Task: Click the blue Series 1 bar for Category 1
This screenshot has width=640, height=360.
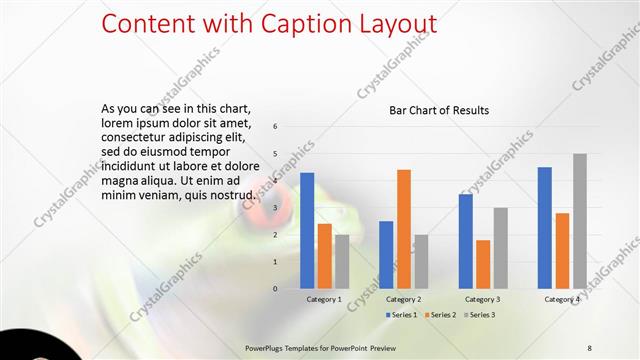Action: [x=307, y=231]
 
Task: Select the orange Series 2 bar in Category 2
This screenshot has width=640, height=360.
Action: [x=404, y=229]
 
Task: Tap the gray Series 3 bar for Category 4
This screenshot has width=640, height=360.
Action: [x=580, y=221]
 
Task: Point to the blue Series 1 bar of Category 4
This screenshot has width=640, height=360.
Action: [x=545, y=228]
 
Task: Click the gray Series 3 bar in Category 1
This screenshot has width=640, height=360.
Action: [x=342, y=262]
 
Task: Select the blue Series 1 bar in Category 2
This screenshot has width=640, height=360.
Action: [x=386, y=255]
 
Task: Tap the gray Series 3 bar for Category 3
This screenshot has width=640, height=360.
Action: [x=501, y=248]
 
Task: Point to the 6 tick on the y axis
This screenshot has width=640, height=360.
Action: [x=275, y=127]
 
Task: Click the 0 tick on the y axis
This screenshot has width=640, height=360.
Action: [x=275, y=289]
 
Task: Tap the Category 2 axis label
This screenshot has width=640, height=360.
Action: [x=404, y=299]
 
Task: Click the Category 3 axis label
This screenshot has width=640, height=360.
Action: [x=483, y=299]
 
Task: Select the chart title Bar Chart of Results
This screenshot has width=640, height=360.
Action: [x=438, y=110]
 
